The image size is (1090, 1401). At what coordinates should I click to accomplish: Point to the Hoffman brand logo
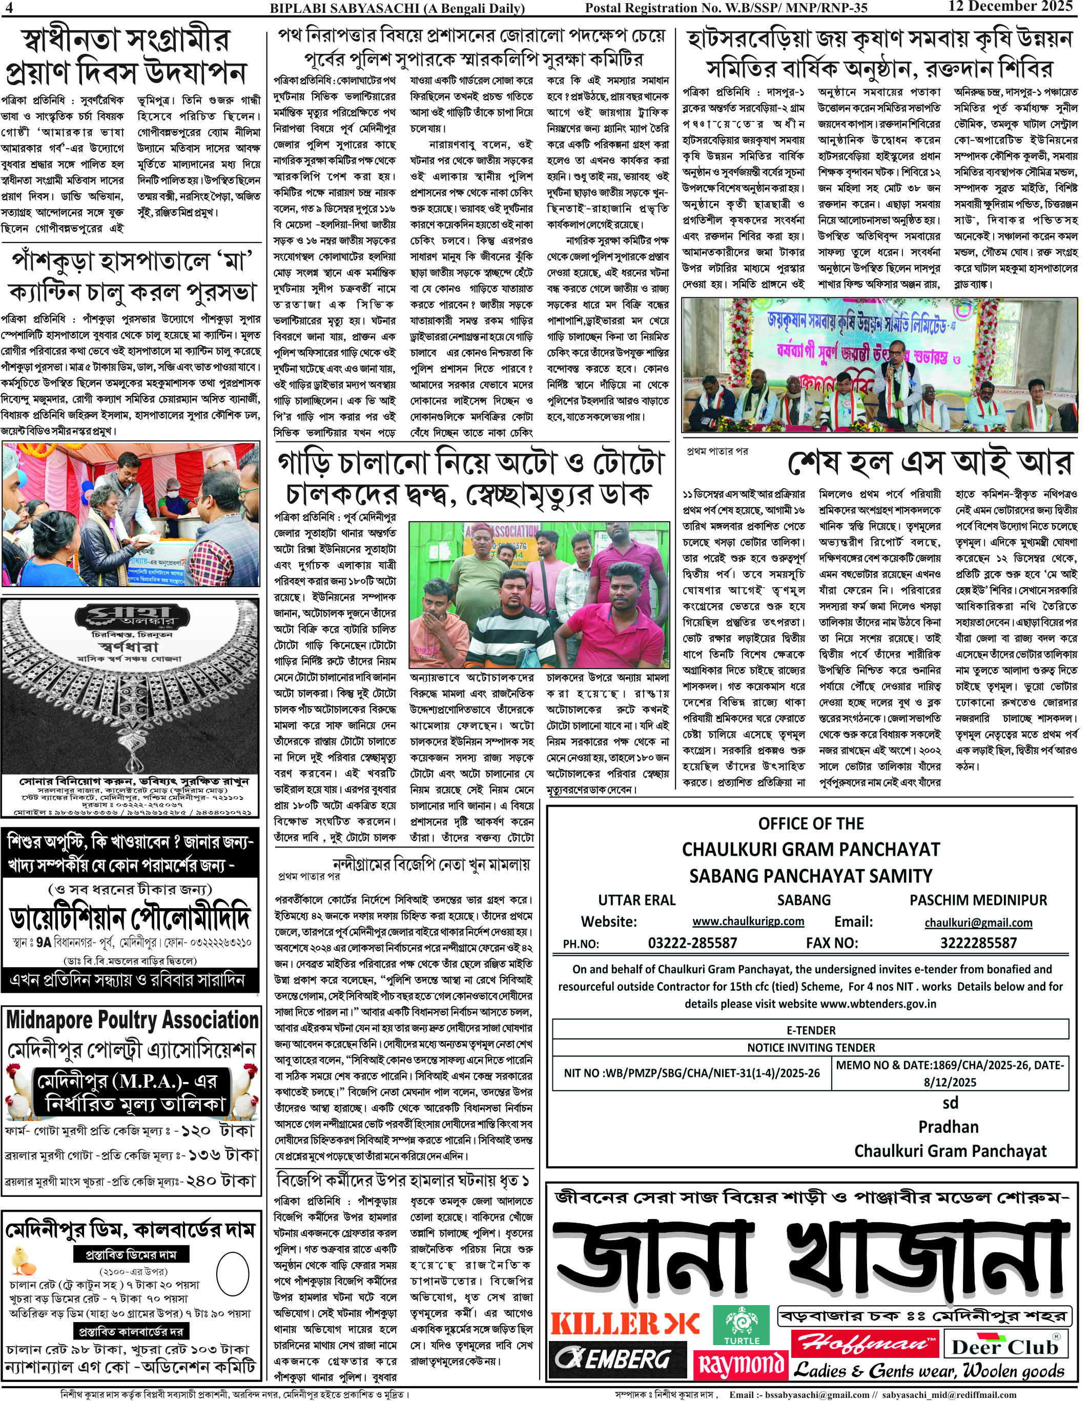point(863,1342)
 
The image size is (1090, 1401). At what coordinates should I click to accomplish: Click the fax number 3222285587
point(978,943)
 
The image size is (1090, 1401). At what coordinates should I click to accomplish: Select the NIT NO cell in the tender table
point(691,1073)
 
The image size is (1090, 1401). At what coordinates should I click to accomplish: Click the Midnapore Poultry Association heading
point(132,1020)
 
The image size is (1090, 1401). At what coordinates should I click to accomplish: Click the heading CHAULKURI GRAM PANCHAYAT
point(810,849)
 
